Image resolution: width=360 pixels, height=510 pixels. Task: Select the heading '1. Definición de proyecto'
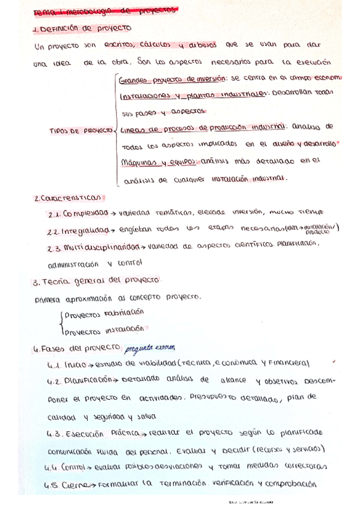coord(85,28)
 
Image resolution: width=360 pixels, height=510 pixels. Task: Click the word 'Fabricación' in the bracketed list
coord(124,313)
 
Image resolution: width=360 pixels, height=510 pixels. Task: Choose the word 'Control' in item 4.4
coord(74,466)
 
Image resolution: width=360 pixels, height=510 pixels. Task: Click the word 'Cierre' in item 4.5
coord(75,484)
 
